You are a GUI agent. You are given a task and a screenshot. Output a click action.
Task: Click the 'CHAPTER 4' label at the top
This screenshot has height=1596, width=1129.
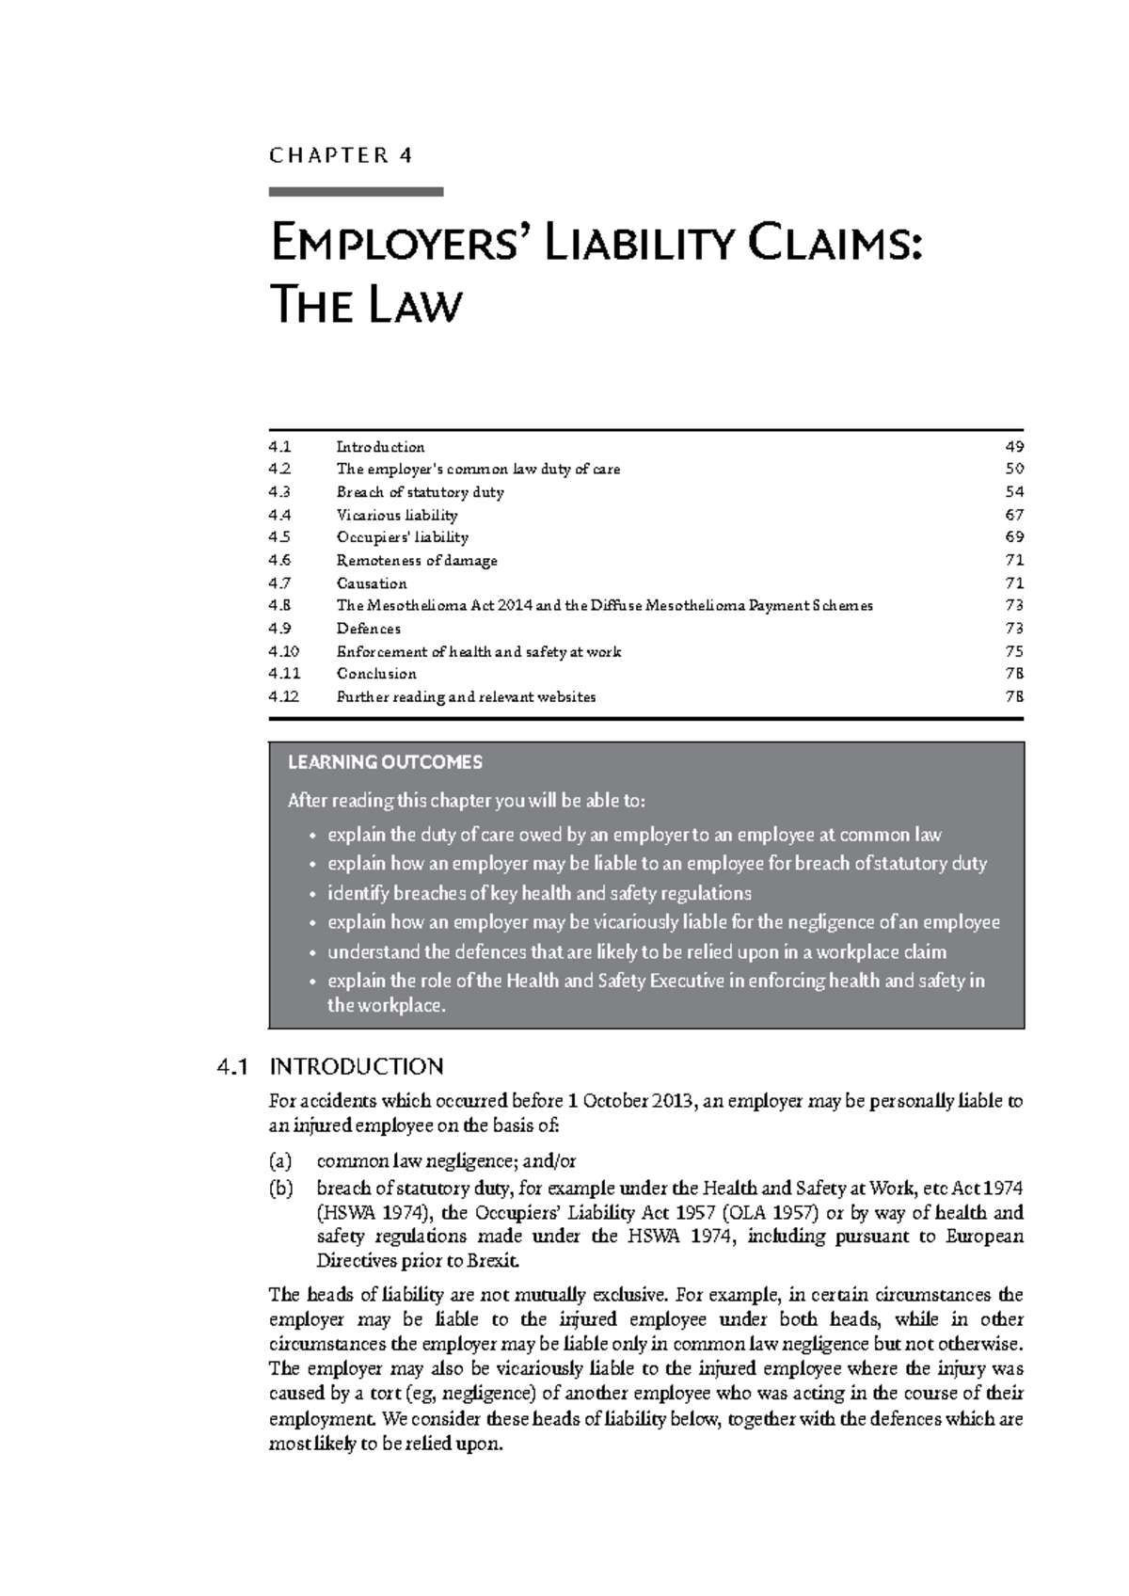(x=341, y=155)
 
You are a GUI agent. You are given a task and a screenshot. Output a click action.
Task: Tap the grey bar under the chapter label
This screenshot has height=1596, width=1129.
(x=356, y=192)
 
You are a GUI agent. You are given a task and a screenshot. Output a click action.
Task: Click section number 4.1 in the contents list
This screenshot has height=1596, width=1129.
(x=279, y=447)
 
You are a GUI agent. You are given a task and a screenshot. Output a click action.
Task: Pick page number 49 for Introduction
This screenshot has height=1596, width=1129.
(x=1013, y=447)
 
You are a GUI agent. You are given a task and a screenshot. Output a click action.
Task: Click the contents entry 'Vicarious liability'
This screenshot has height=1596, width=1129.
(x=397, y=515)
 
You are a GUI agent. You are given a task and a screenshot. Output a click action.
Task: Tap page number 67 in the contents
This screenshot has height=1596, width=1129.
(x=1013, y=515)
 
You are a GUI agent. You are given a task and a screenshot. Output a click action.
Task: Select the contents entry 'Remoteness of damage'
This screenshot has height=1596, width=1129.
(x=417, y=561)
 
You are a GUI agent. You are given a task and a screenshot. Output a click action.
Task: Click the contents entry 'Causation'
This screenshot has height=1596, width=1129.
(x=372, y=583)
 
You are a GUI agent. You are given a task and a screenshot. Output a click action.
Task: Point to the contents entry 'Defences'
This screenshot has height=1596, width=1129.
(x=369, y=629)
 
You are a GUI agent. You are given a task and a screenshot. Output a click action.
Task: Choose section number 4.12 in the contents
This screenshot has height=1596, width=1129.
(x=283, y=697)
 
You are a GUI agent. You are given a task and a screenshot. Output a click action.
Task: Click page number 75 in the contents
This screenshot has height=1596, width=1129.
(x=1013, y=651)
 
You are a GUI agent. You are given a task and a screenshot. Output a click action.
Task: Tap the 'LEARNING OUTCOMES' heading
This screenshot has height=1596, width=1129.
(x=385, y=762)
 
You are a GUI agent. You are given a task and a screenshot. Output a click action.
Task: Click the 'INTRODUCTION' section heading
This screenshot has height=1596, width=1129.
(x=356, y=1066)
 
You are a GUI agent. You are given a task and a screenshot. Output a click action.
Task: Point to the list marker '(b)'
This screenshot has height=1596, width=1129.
(x=281, y=1188)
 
